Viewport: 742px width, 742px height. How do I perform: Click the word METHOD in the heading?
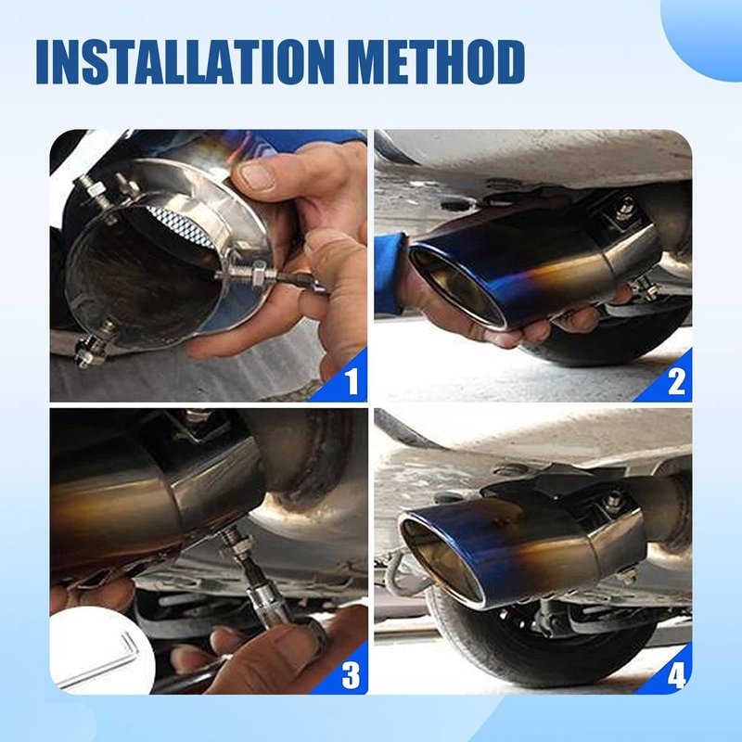pyautogui.click(x=439, y=62)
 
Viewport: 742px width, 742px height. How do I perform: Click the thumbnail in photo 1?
pyautogui.click(x=257, y=176)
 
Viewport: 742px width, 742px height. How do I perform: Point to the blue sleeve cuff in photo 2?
pyautogui.click(x=391, y=272)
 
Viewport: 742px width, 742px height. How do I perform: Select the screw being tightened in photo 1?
pyautogui.click(x=246, y=275)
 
